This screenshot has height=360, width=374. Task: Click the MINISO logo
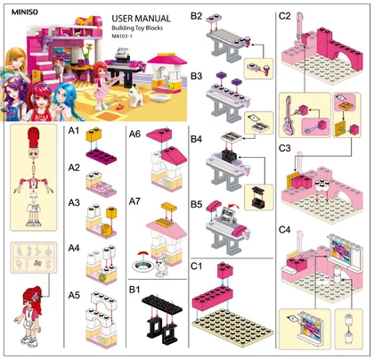[x=25, y=12]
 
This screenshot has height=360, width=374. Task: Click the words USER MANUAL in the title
[x=141, y=19]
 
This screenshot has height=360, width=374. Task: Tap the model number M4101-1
[x=122, y=37]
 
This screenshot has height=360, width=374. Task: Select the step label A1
[x=74, y=130]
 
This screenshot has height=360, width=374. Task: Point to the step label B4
[x=196, y=139]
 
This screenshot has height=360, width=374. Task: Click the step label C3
[x=284, y=148]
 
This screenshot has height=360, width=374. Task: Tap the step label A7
[x=134, y=201]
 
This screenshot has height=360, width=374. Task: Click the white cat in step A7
[x=161, y=266]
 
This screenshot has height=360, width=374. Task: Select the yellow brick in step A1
[x=93, y=135]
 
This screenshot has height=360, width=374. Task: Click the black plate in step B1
[x=162, y=304]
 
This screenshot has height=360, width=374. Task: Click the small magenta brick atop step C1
[x=225, y=270]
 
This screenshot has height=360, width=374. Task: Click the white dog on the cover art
[x=135, y=95]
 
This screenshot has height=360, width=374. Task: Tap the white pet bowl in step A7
[x=143, y=266]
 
